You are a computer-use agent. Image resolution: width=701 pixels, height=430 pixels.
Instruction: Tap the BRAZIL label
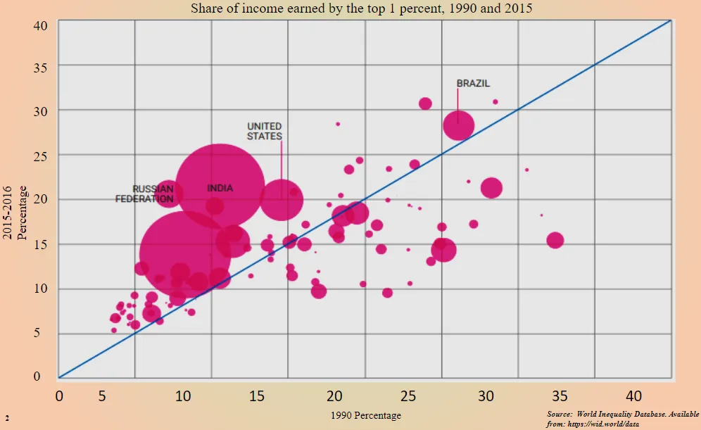(473, 83)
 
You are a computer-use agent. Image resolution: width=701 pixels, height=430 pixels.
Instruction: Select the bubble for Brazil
(458, 126)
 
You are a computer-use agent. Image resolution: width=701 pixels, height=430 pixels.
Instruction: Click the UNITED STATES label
(265, 131)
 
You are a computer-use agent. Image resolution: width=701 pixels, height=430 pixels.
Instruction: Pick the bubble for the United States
(281, 198)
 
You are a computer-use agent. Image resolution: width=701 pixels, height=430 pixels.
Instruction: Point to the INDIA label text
(220, 188)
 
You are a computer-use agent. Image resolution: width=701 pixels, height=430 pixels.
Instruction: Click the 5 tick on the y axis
(44, 334)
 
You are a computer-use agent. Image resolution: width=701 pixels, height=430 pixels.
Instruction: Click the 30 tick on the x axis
(486, 396)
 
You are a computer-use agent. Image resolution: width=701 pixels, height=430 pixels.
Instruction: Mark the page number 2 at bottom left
(6, 418)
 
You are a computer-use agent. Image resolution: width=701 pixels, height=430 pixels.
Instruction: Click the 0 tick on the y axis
(44, 377)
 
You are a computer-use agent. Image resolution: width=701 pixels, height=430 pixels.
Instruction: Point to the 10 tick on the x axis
(182, 396)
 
